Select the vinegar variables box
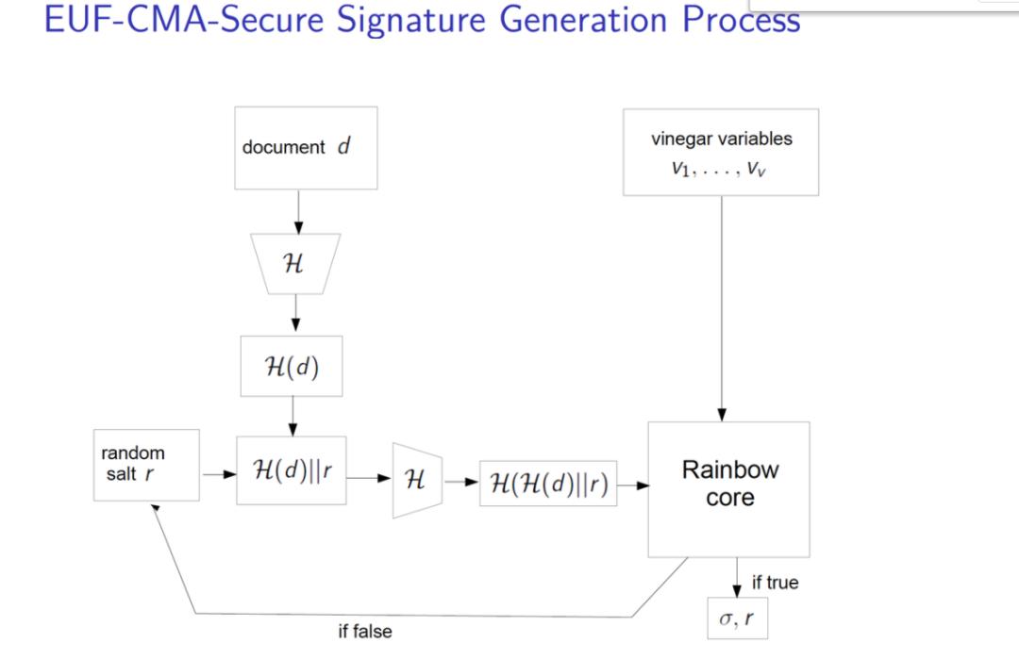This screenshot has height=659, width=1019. click(x=721, y=152)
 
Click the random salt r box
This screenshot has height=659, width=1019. click(x=147, y=465)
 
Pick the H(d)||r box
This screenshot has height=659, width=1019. click(x=292, y=470)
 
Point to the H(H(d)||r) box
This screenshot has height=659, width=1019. click(x=548, y=484)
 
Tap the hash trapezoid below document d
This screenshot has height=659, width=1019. click(x=293, y=265)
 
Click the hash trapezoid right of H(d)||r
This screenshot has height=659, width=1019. click(x=417, y=480)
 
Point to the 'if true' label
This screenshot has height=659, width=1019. click(x=775, y=583)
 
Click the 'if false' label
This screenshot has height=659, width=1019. click(x=365, y=631)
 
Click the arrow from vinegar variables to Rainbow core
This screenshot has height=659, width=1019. click(x=722, y=311)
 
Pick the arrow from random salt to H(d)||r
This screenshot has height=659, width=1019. click(x=218, y=475)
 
